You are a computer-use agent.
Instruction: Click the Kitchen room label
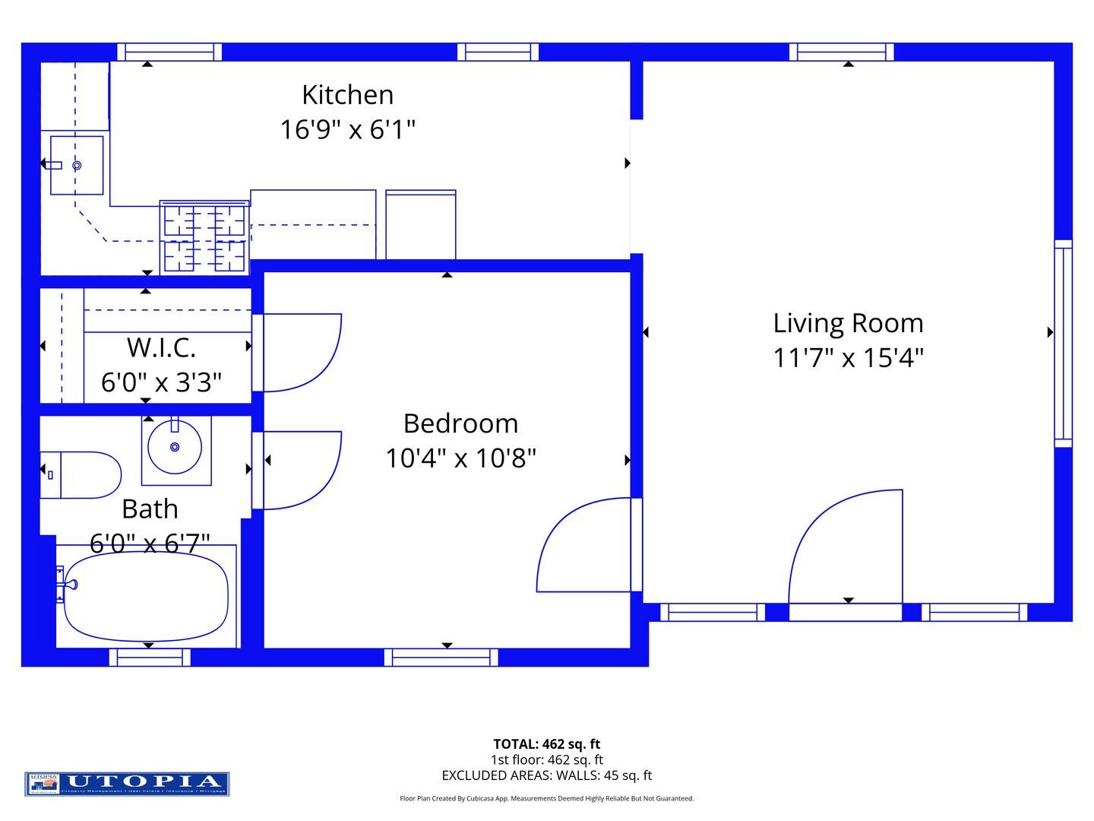coord(347,95)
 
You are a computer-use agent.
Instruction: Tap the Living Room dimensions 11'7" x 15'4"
coord(848,357)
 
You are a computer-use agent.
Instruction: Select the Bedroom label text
coord(460,423)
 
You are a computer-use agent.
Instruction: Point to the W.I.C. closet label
coord(161,347)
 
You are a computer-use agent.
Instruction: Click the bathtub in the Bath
coord(145,596)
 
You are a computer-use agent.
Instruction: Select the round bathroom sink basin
coord(175,448)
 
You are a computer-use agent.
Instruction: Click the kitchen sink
coord(76,165)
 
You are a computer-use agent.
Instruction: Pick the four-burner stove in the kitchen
coord(204,237)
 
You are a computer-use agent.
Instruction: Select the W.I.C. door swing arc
coord(302,353)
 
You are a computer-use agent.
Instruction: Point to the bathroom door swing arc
coord(302,470)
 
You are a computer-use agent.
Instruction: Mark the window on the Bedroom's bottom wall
coord(441,658)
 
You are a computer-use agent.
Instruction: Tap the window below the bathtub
coord(150,658)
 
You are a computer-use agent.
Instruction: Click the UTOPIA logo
coord(127,784)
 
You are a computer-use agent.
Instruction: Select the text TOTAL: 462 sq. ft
coord(546,744)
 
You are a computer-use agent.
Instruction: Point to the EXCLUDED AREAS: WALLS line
coord(546,775)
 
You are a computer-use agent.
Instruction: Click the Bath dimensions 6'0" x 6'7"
coord(150,543)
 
